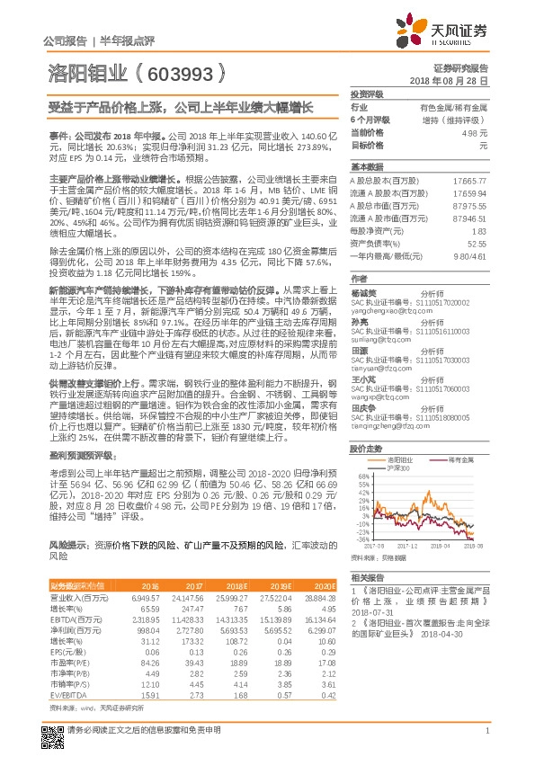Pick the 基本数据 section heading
366,168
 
